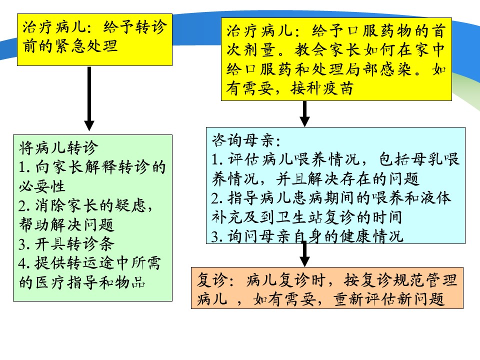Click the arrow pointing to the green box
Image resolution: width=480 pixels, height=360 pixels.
(89, 98)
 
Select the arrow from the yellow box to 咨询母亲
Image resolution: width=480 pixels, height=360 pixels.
(304, 113)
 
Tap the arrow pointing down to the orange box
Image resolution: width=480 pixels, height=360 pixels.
(304, 254)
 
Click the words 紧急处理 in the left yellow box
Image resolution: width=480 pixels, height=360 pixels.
(86, 46)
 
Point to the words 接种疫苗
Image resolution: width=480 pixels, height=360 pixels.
(322, 88)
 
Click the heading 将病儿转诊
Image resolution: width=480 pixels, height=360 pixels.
(58, 148)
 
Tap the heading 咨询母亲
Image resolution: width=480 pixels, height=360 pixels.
(246, 141)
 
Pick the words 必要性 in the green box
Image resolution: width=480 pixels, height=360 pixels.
(42, 186)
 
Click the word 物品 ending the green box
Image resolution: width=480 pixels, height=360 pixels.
(130, 282)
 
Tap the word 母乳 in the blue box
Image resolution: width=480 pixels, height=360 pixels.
(427, 159)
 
